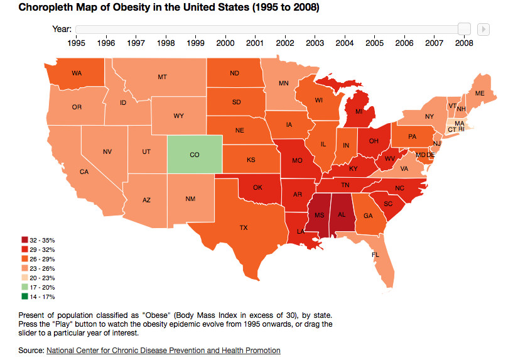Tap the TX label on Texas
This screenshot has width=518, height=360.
tap(244, 227)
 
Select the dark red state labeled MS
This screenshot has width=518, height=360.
tap(319, 215)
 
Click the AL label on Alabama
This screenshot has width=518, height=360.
tap(342, 214)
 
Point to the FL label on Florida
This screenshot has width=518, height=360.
tap(375, 255)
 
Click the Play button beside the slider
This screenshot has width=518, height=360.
tap(483, 29)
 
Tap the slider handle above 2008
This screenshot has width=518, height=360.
tap(464, 29)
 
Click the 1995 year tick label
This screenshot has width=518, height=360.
tap(76, 43)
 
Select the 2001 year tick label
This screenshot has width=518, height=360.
tap(255, 43)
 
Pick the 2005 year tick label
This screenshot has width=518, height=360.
tap(374, 43)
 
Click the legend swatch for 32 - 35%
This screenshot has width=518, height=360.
tap(24, 240)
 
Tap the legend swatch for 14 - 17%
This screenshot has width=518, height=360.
tap(24, 297)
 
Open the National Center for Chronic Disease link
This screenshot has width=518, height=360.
tap(163, 350)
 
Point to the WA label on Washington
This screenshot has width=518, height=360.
tap(77, 74)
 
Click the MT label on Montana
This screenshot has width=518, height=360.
tap(162, 77)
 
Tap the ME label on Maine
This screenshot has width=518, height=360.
tap(480, 93)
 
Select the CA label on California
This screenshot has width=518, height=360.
tap(84, 172)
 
